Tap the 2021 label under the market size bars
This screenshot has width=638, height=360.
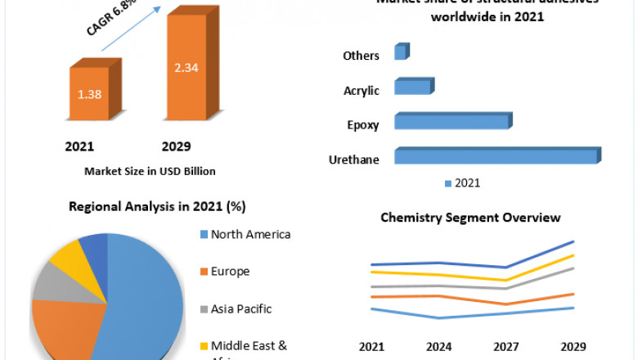79,146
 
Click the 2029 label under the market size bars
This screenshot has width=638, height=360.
176,146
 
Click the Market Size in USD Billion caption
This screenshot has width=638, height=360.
150,171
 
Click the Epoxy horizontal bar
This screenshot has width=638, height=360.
452,122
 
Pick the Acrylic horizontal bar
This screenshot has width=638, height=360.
412,87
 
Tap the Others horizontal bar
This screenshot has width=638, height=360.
400,53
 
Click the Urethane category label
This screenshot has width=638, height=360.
353,160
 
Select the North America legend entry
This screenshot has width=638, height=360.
245,234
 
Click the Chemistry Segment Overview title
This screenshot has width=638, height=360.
470,218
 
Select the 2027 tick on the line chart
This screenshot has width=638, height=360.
506,346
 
